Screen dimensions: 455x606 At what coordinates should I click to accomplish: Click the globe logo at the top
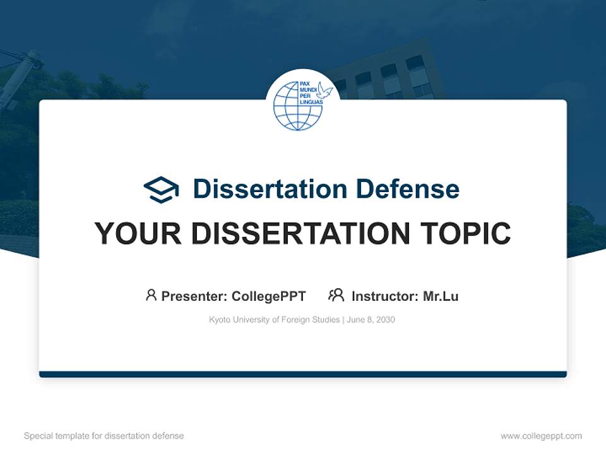coord(298,106)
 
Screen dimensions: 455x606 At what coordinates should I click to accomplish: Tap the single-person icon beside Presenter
coord(151,295)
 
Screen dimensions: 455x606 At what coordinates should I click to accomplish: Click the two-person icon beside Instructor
coord(336,295)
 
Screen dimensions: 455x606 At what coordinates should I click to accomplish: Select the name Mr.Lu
coord(441,296)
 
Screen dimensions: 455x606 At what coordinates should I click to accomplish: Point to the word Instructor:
coord(384,296)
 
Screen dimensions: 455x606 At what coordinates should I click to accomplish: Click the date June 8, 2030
coord(371,320)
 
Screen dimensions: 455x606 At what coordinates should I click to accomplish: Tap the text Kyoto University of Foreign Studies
coord(275,320)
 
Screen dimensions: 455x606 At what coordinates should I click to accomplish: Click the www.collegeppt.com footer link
coord(541,436)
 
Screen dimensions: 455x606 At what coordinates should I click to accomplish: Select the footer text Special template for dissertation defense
coord(104,436)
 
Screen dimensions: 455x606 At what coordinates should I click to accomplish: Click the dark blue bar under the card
coord(303,374)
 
